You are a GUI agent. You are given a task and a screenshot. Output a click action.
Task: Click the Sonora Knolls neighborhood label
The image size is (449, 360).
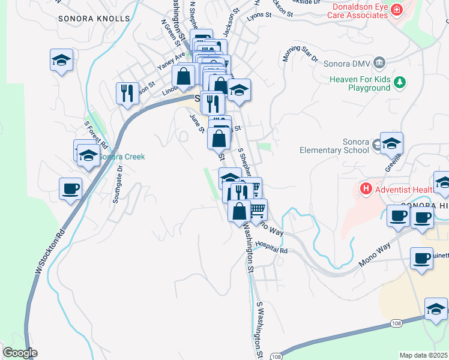pyautogui.click(x=94, y=19)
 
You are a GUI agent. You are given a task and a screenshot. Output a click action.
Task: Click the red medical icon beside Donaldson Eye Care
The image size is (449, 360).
pyautogui.click(x=396, y=10)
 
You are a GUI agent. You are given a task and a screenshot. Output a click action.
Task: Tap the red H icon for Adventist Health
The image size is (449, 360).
pyautogui.click(x=366, y=189)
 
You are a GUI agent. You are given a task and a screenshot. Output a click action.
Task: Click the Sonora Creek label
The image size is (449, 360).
pyautogui.click(x=122, y=157)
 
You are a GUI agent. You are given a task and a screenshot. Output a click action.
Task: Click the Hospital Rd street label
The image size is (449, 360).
pyautogui.click(x=271, y=247)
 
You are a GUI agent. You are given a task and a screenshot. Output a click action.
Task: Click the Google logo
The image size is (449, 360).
pyautogui.click(x=20, y=353)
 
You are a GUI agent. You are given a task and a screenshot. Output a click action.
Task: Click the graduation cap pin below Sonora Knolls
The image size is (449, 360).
pyautogui.click(x=61, y=61)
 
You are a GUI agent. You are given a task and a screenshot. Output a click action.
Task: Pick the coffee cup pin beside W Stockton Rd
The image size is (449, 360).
pyautogui.click(x=70, y=189)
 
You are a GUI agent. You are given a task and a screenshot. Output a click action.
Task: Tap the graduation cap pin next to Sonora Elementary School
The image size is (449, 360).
pyautogui.click(x=391, y=144)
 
